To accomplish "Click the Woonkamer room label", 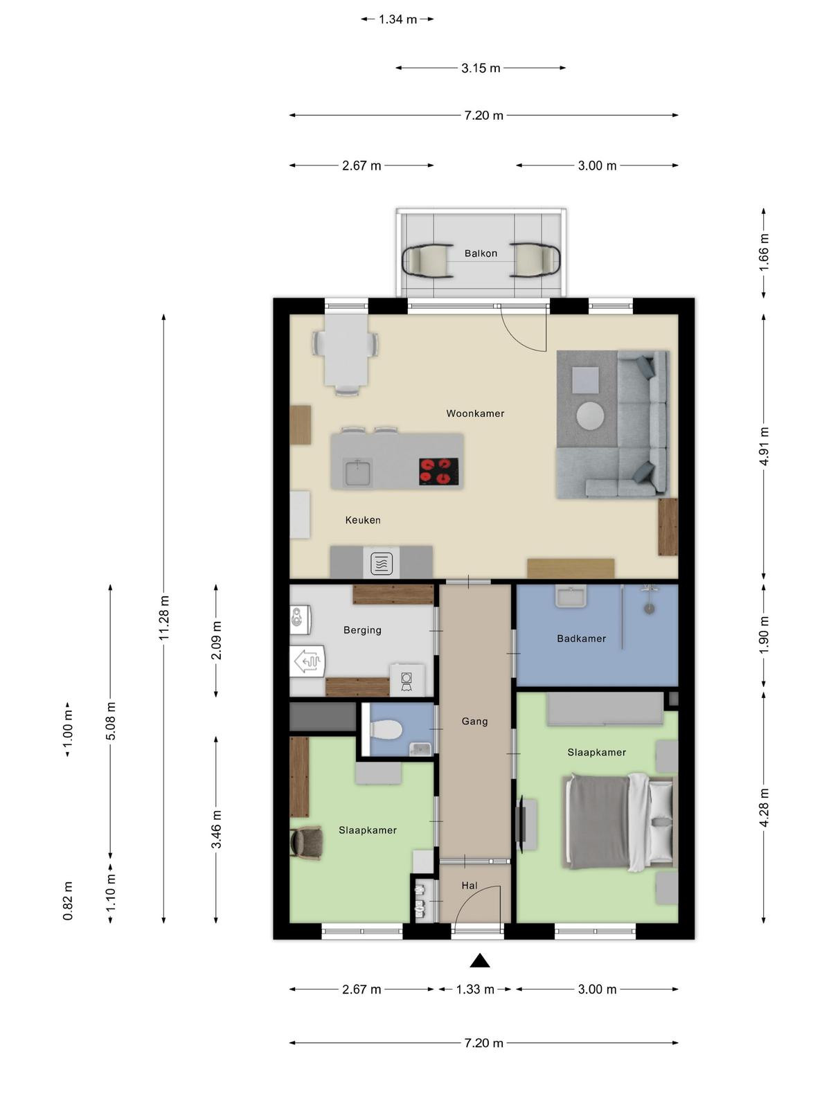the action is tap(475, 413).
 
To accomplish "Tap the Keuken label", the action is tap(363, 520).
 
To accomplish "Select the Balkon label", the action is tap(481, 253).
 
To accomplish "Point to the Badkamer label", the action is tap(581, 638).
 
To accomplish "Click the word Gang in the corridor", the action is tap(474, 722).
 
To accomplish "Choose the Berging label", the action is tap(362, 630).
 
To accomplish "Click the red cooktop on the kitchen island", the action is tap(438, 471).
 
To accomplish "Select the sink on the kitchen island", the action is tap(358, 472).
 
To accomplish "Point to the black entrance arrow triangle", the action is tap(479, 960).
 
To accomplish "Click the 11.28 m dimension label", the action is tap(164, 618).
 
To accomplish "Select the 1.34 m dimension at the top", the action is tap(397, 19).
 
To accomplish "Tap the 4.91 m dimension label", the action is tap(764, 446).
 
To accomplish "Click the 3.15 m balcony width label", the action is tap(481, 68).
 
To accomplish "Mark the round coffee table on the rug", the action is tap(590, 416).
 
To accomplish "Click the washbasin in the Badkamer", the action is tap(571, 596).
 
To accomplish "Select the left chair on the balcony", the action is tap(427, 260).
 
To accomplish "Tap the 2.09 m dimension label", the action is tap(217, 641).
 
